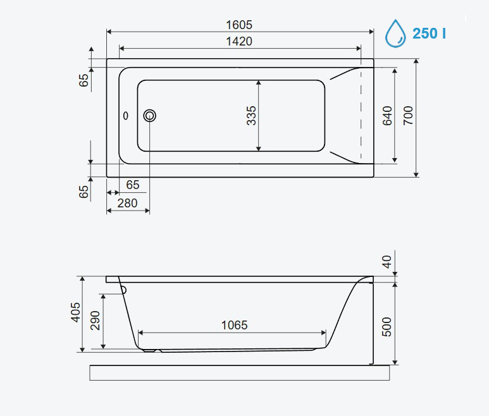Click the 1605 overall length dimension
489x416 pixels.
(239, 25)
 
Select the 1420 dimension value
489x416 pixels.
(239, 42)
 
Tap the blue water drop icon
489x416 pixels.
(395, 34)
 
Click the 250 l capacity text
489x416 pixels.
(429, 34)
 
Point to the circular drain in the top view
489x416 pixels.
(150, 116)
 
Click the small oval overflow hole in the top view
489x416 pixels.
(126, 116)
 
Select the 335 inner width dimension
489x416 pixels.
(251, 116)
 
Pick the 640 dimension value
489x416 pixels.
(387, 116)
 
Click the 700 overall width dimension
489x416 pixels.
(408, 116)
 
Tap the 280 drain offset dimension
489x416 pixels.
(127, 203)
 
